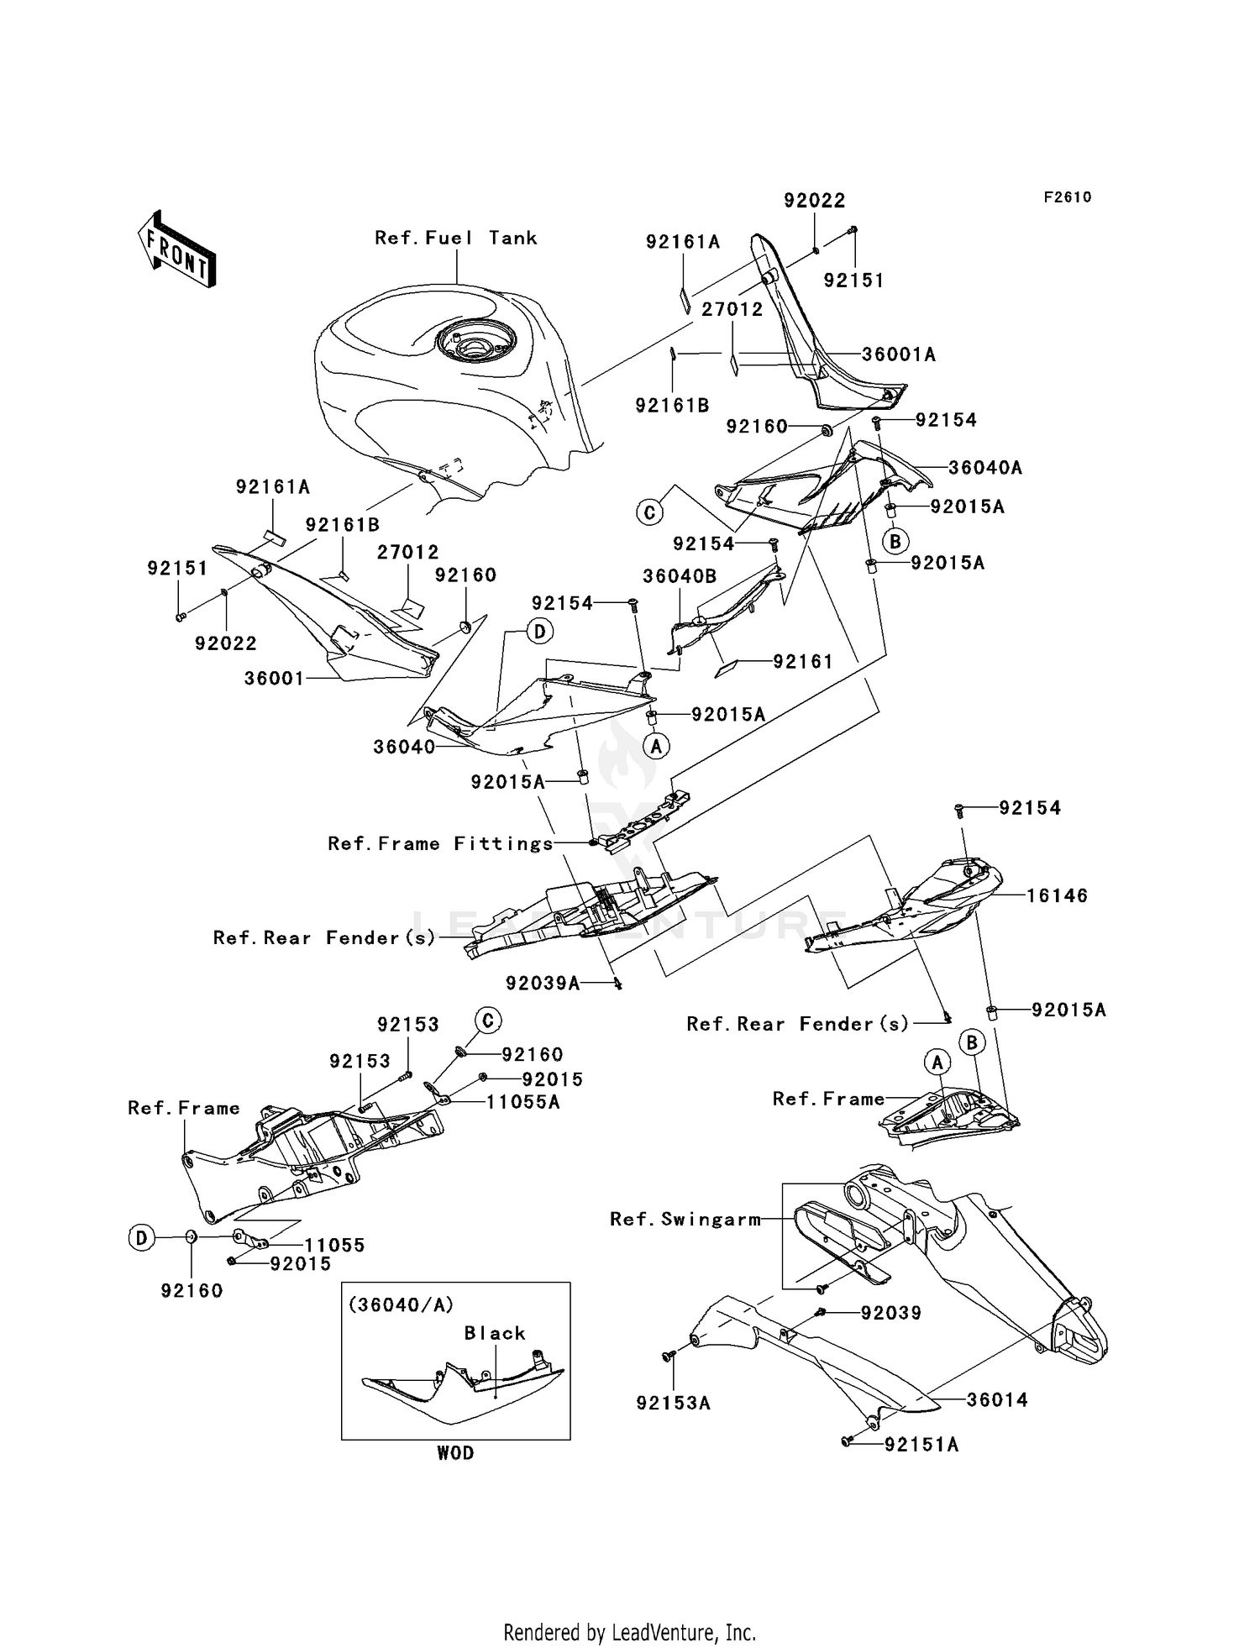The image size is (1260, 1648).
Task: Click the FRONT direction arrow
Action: pyautogui.click(x=176, y=249)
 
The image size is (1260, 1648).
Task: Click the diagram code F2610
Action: pyautogui.click(x=1067, y=197)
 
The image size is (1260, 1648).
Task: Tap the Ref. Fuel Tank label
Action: pyautogui.click(x=455, y=238)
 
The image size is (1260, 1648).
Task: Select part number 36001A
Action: pyautogui.click(x=899, y=354)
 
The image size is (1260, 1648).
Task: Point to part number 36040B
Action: pyautogui.click(x=680, y=577)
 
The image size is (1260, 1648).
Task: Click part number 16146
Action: pyautogui.click(x=1057, y=896)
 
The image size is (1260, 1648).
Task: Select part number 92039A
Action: pyautogui.click(x=543, y=983)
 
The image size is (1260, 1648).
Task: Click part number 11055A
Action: pyautogui.click(x=522, y=1102)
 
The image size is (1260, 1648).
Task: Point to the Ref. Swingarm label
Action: pyautogui.click(x=685, y=1219)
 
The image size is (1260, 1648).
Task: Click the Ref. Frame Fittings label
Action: pyautogui.click(x=440, y=843)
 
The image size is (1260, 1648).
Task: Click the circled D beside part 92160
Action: pyautogui.click(x=141, y=1236)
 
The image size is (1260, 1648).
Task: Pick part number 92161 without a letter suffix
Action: pyautogui.click(x=803, y=662)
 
